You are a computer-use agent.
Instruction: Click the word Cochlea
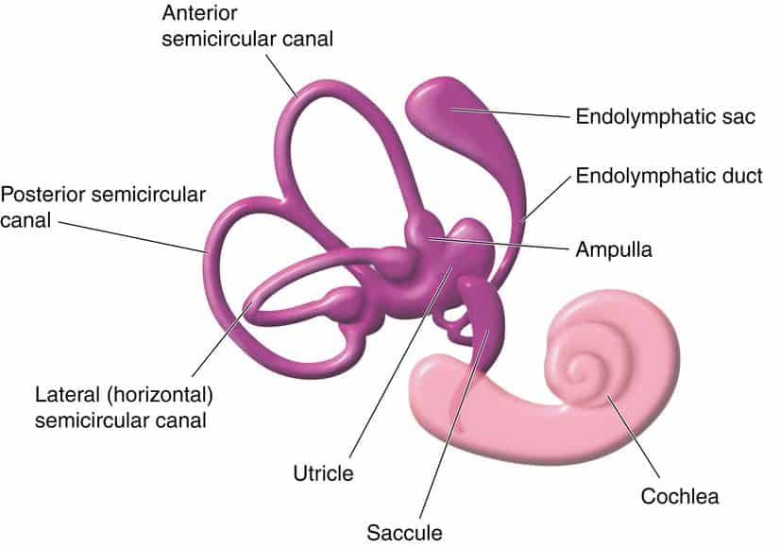680,496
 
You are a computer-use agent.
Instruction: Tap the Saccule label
404,533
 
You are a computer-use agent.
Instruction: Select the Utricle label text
323,473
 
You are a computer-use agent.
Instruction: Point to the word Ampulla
614,249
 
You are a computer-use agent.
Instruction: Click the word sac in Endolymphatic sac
738,117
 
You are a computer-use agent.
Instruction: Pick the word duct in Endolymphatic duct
741,176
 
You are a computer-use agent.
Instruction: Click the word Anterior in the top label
199,13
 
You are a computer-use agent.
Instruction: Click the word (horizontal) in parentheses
160,396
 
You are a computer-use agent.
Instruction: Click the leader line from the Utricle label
401,361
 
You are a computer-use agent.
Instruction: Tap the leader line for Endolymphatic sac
510,112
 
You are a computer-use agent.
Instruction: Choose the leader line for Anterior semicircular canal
281,76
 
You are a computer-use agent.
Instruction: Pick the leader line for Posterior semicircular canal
133,236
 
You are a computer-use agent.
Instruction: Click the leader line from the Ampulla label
498,243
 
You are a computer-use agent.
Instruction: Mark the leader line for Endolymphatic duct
546,198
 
